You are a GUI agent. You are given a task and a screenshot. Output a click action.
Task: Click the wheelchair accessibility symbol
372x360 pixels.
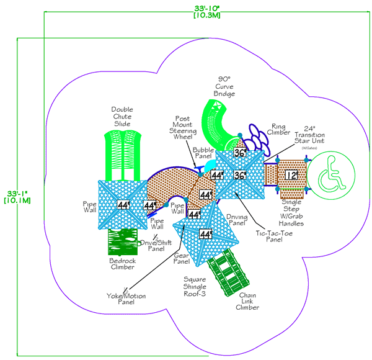(x=330, y=174)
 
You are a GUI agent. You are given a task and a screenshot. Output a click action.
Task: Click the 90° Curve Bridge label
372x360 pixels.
(x=224, y=86)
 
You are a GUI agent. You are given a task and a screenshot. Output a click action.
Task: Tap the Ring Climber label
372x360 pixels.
(x=278, y=128)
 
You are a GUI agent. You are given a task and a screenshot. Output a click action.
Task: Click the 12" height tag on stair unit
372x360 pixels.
(x=291, y=175)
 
